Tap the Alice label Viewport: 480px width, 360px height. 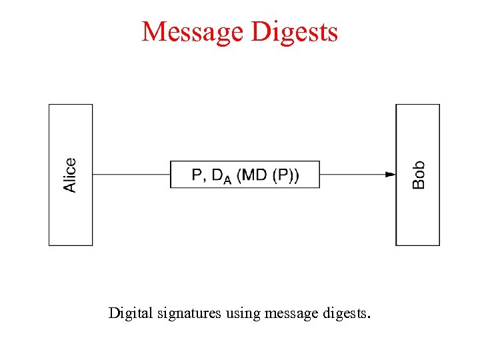(x=70, y=175)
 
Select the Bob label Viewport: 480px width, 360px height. (x=418, y=175)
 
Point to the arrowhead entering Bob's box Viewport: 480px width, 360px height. (x=391, y=175)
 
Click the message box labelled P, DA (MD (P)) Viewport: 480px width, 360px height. (x=245, y=175)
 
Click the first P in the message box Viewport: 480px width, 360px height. (x=197, y=175)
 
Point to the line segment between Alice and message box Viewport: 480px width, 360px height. (x=131, y=175)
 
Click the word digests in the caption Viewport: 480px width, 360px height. (x=342, y=313)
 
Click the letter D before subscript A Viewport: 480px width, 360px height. (x=217, y=175)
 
